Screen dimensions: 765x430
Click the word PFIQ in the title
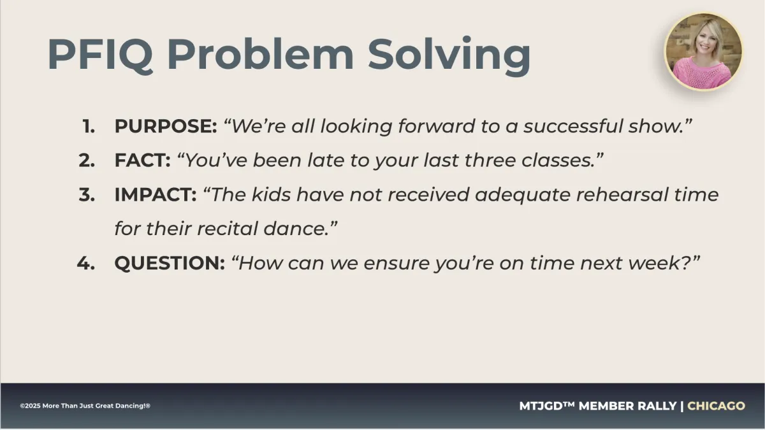100,55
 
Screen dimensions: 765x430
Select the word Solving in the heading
449,56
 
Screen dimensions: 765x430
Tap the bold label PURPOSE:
166,126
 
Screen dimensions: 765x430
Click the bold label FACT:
142,161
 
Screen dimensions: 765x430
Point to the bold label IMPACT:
156,194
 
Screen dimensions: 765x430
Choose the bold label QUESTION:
170,264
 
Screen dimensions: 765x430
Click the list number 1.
89,127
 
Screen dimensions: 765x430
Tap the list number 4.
86,263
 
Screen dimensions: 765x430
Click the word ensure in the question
397,264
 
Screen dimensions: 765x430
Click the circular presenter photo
703,52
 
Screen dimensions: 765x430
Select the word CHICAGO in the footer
716,406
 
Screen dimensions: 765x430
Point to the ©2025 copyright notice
85,406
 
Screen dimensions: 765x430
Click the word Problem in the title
260,55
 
